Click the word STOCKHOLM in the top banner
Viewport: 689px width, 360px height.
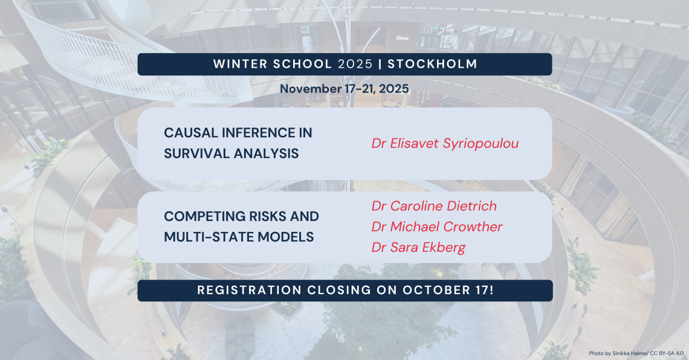pos(432,64)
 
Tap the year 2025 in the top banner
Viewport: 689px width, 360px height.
pos(355,64)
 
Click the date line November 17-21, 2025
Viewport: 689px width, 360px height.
pos(344,89)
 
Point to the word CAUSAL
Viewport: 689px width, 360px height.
pos(191,133)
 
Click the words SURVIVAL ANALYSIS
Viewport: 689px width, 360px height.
pos(231,153)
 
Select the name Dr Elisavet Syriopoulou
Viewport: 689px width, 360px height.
pos(445,144)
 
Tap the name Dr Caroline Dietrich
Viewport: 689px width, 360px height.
pos(434,206)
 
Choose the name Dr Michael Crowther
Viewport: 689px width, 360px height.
pos(437,227)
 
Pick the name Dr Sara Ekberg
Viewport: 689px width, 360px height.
pos(418,248)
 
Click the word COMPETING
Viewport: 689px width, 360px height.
pos(204,216)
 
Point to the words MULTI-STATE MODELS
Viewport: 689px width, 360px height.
pos(239,237)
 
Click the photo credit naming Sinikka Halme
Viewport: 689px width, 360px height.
pos(636,353)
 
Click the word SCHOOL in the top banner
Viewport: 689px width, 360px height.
pos(302,64)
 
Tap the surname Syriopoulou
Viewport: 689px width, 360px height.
pos(480,144)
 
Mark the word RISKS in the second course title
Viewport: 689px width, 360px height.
pos(267,216)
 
